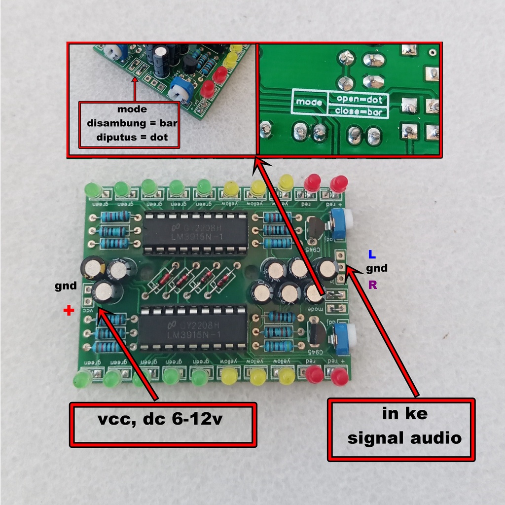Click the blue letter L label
372,255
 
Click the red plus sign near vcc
69,311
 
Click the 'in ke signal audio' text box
401,429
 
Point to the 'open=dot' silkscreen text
359,99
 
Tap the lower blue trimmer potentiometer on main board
341,338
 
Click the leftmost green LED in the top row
93,190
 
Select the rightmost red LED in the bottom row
339,377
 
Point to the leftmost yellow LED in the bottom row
228,377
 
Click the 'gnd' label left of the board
66,286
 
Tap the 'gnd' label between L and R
376,269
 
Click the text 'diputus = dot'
129,137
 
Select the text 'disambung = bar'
129,123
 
